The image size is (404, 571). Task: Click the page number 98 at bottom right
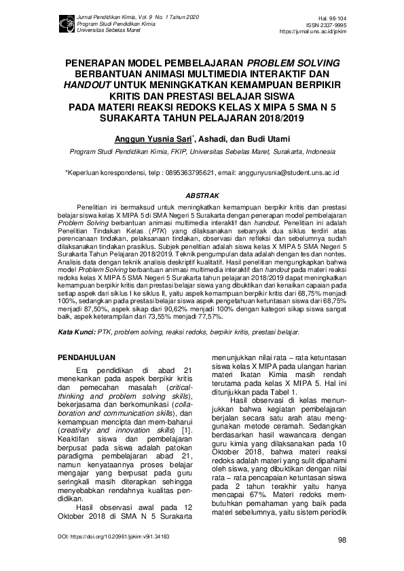click(x=342, y=540)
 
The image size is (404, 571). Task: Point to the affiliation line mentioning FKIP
click(x=202, y=153)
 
